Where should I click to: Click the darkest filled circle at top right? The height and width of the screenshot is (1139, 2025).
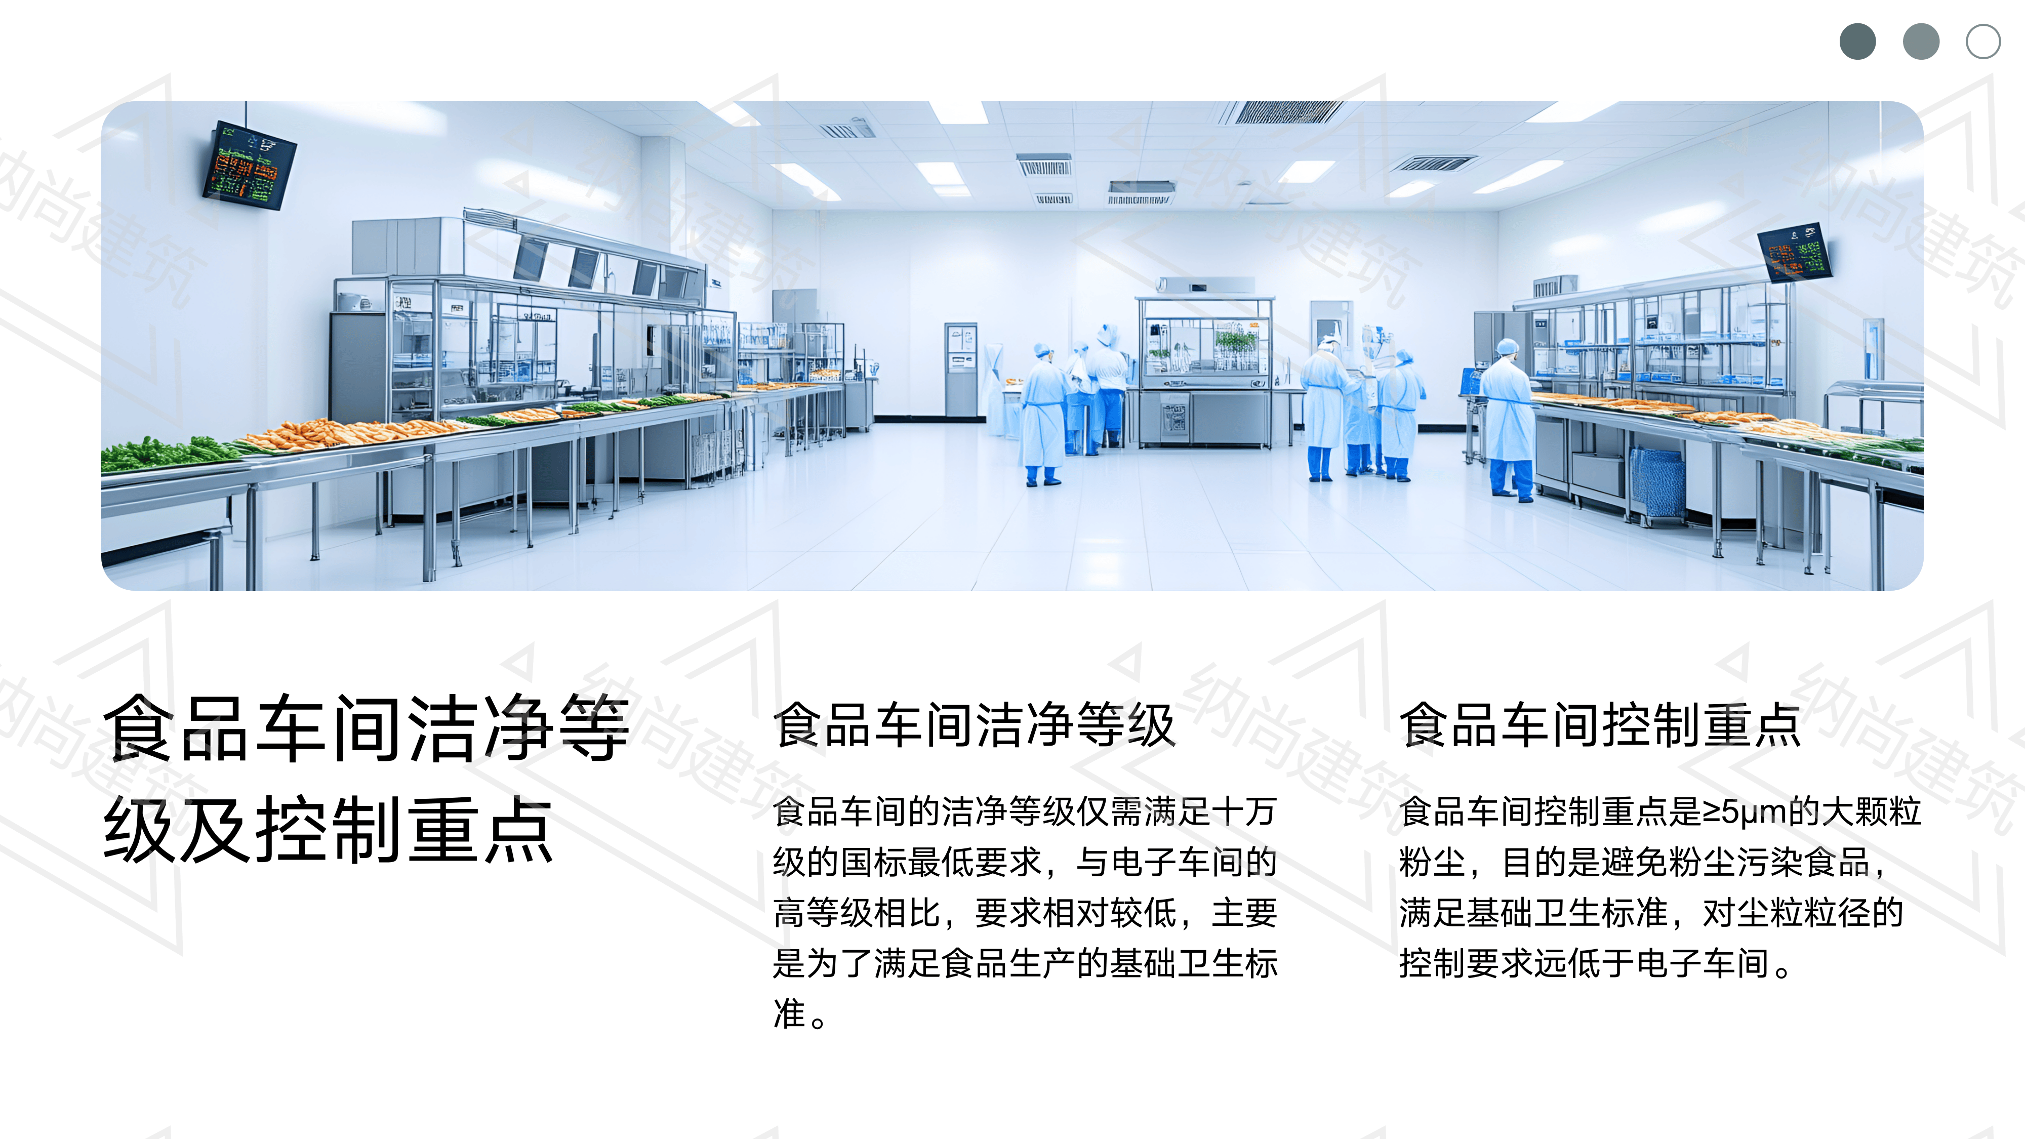click(x=1857, y=42)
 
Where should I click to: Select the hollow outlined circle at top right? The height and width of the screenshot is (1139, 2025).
click(x=1983, y=42)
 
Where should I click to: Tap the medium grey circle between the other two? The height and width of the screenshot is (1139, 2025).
click(x=1920, y=42)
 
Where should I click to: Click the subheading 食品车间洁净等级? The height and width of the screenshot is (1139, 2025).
click(x=974, y=725)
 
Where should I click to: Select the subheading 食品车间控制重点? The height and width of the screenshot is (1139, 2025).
click(x=1600, y=725)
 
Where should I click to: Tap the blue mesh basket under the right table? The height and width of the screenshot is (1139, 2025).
click(x=1657, y=481)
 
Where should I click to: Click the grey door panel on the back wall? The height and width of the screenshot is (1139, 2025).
click(x=961, y=370)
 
